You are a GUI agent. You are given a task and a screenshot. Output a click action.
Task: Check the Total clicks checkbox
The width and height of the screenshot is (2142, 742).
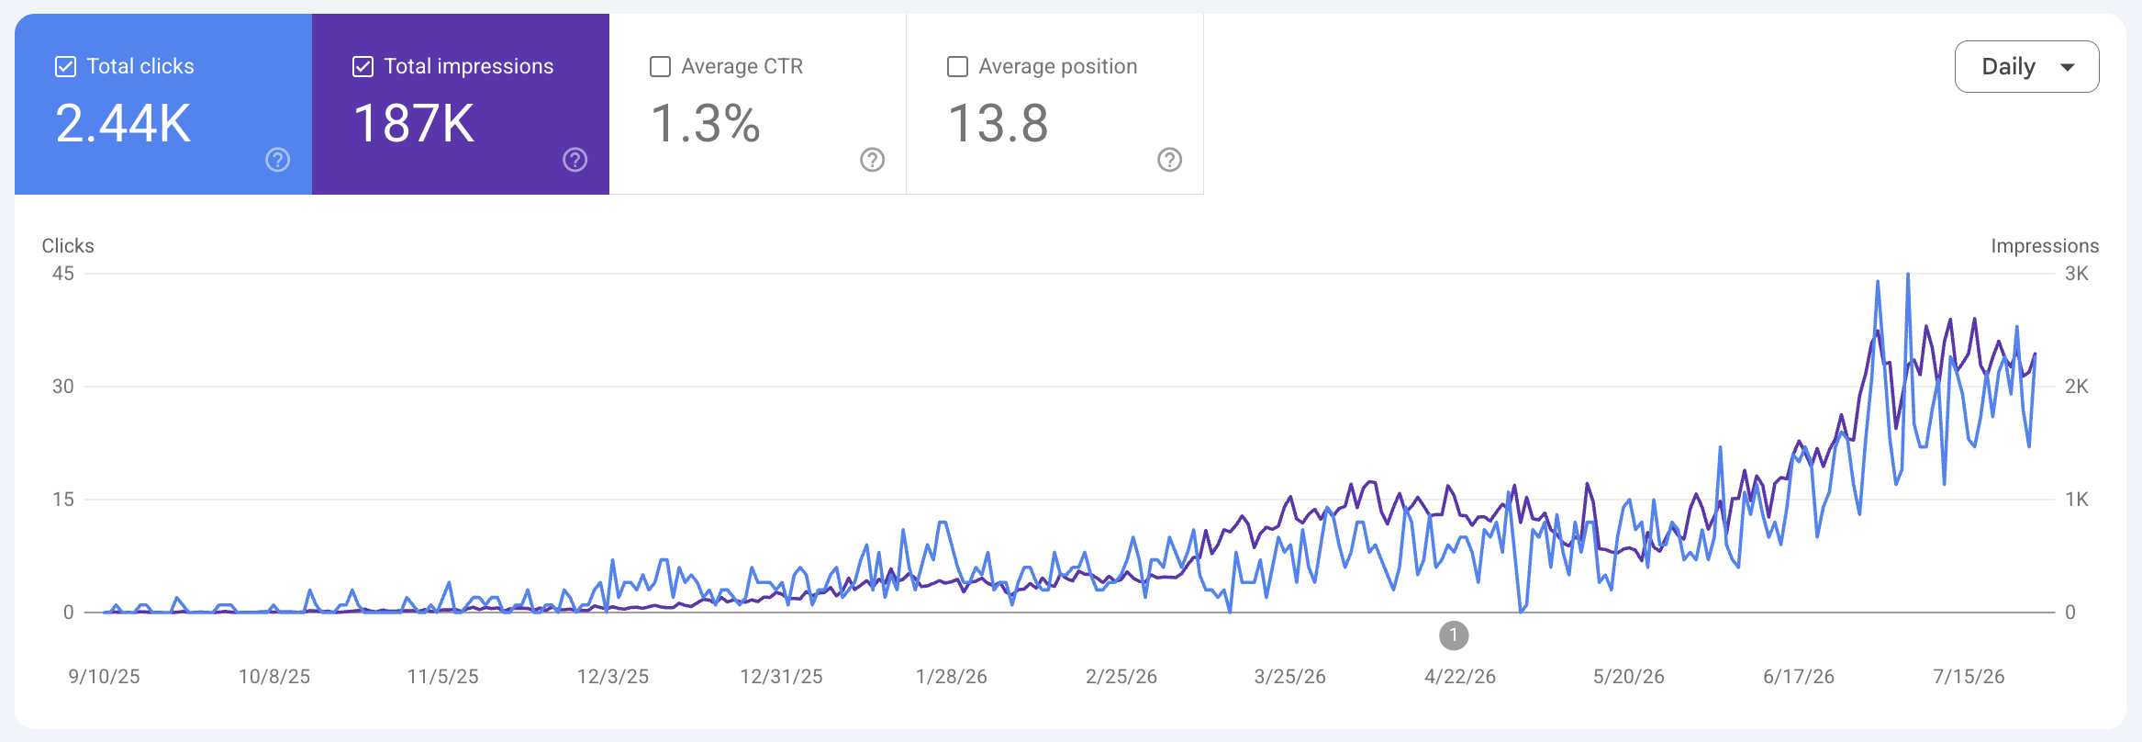tap(65, 66)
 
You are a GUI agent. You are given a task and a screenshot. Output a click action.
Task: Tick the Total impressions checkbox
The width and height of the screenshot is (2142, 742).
tap(363, 66)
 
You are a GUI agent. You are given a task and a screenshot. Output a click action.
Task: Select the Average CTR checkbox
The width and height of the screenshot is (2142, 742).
tap(660, 66)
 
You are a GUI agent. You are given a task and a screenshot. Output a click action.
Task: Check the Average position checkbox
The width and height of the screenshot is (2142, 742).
tap(957, 66)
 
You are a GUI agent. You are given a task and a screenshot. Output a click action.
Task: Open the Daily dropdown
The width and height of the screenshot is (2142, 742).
tap(2026, 67)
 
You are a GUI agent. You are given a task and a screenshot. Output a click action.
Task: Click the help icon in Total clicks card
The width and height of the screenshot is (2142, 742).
tap(278, 160)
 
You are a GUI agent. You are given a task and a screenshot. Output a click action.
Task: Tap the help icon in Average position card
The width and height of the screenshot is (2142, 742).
tap(1170, 160)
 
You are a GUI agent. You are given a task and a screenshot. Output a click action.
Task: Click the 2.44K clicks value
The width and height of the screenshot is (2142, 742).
tap(123, 123)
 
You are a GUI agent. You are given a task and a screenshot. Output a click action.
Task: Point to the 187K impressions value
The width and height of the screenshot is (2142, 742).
tap(414, 123)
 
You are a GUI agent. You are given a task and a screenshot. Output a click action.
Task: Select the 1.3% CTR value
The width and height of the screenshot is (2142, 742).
tap(706, 123)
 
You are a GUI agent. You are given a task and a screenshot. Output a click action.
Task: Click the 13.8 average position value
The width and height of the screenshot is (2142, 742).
tap(998, 123)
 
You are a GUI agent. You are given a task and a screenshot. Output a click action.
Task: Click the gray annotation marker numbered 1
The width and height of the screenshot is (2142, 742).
tap(1454, 635)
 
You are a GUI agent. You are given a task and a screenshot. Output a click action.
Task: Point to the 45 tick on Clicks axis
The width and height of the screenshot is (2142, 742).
tap(63, 274)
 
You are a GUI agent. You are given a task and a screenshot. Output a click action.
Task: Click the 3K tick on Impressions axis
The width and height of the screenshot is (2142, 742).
tap(2077, 274)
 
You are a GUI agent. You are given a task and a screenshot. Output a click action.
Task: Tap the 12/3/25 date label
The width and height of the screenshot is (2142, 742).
tap(613, 677)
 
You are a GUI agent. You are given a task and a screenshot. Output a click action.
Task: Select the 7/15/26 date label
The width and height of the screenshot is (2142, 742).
tap(1969, 677)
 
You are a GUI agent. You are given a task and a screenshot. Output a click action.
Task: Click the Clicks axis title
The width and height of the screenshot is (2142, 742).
tap(68, 246)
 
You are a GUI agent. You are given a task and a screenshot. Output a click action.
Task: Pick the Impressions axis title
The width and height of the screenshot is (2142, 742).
tap(2045, 246)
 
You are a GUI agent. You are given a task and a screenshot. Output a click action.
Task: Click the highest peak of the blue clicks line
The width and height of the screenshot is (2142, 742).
tap(1908, 274)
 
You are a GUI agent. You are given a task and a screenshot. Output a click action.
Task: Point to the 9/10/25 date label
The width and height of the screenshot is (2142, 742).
tap(105, 677)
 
